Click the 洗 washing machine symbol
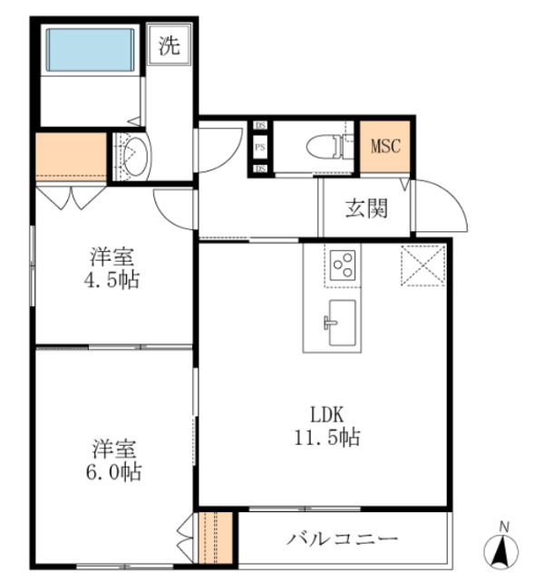click(170, 46)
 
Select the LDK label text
click(328, 414)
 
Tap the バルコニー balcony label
click(343, 539)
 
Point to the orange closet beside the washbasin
click(71, 157)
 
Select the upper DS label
click(259, 126)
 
